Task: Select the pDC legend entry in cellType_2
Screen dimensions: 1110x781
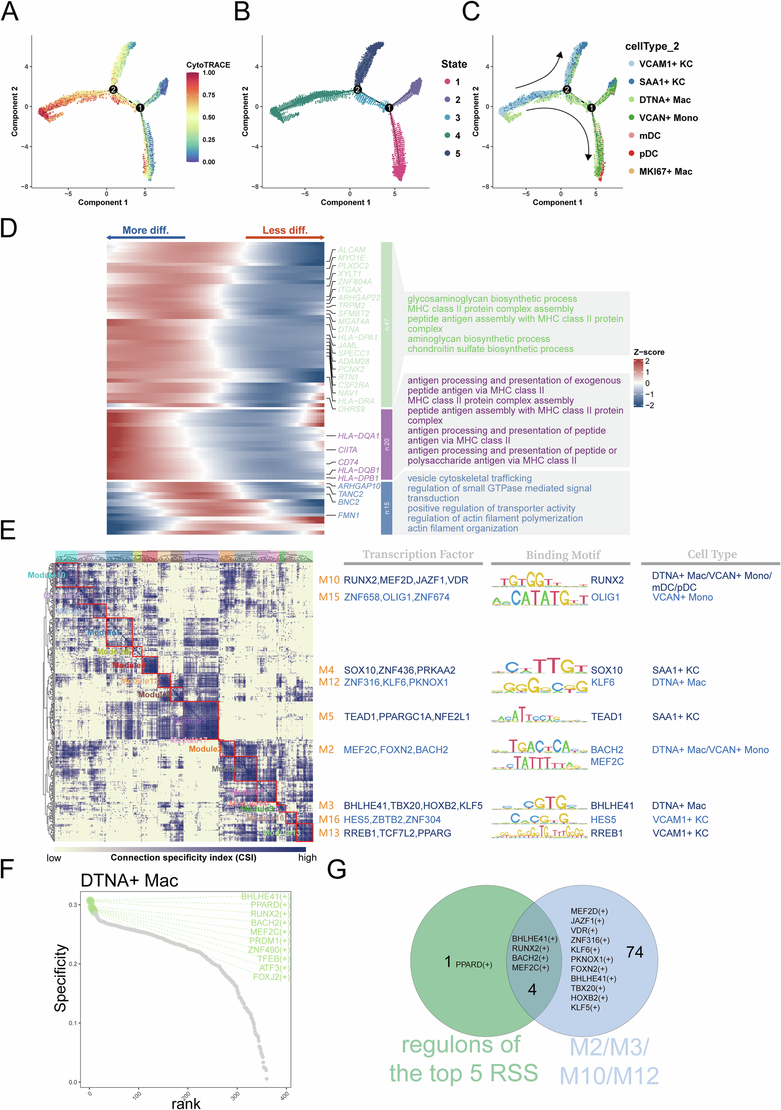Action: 648,154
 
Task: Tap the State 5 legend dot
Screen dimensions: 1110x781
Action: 447,153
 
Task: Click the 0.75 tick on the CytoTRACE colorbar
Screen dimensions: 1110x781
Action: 208,95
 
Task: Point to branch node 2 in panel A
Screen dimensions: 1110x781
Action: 113,89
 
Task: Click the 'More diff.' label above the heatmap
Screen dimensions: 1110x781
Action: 145,230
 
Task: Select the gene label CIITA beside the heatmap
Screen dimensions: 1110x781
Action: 347,450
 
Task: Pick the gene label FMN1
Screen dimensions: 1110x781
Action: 348,515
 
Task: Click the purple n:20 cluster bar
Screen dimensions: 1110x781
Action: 386,444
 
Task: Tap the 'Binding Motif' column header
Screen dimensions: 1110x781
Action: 563,555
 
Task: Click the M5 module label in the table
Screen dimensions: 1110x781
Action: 326,717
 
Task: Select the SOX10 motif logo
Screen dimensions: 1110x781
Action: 540,667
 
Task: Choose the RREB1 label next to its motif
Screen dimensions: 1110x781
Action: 607,833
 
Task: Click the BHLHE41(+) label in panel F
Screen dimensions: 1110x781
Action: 265,896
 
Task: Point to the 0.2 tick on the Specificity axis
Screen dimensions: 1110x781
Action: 72,964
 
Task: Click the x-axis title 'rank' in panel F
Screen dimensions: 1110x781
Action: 186,1103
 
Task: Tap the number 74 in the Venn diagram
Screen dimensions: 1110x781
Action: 634,952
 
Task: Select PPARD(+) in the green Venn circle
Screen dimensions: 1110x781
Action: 473,964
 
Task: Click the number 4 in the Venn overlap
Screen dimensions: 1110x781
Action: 532,990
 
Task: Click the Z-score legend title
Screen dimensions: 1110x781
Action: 649,352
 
